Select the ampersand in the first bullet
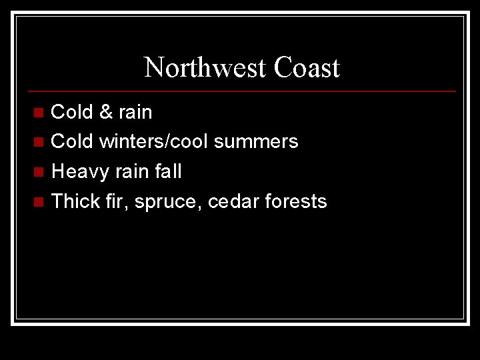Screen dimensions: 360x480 (x=105, y=112)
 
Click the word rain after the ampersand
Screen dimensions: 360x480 (x=135, y=112)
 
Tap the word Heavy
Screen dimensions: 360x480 (x=79, y=171)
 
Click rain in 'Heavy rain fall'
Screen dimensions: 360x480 (x=132, y=171)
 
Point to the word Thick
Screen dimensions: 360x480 (x=75, y=201)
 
